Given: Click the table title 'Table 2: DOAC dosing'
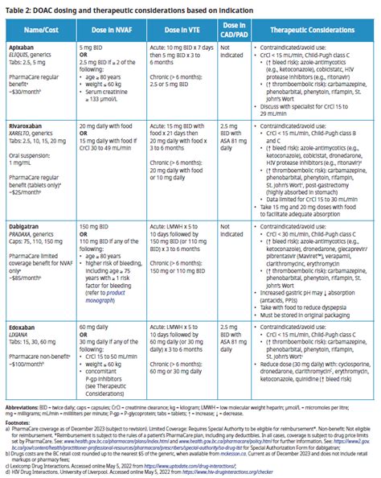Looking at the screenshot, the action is click(121, 9).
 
